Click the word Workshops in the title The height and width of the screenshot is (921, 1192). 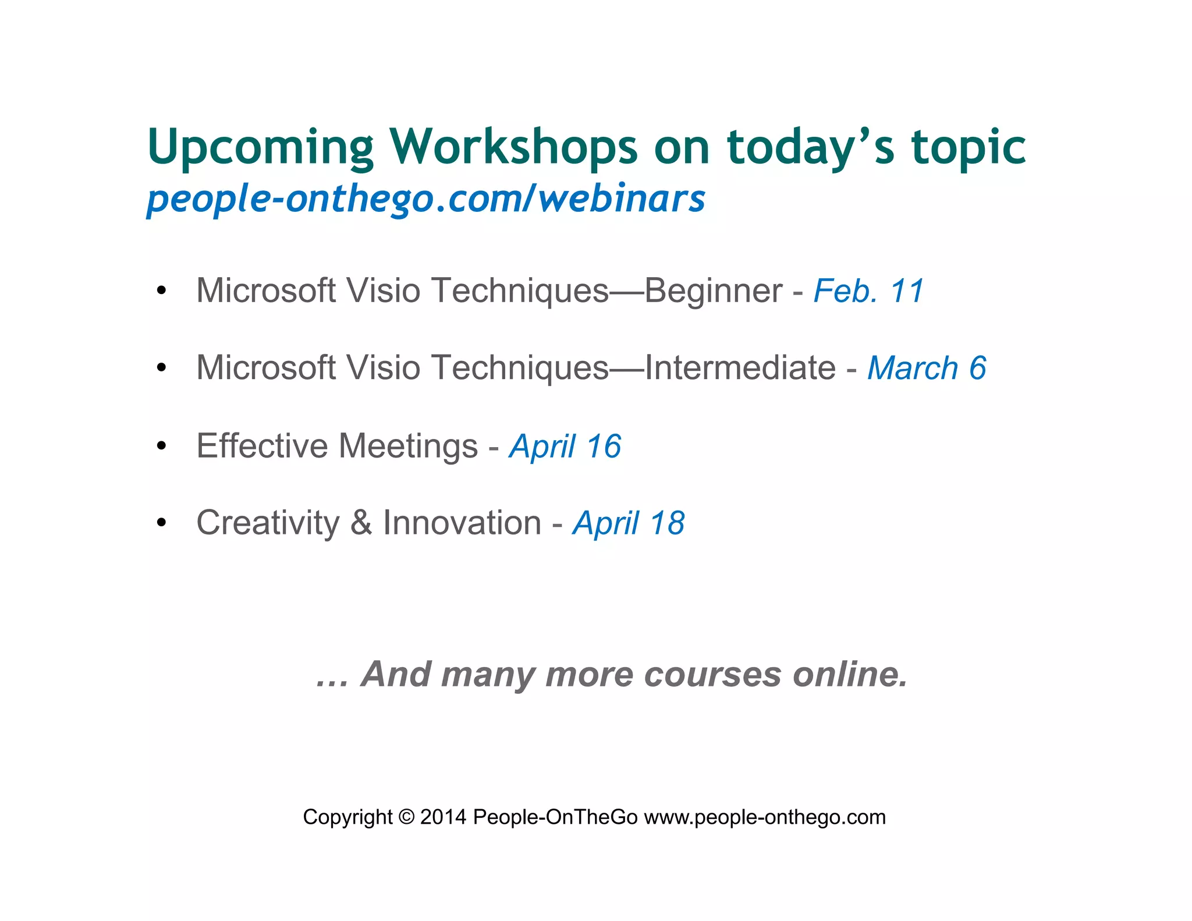pyautogui.click(x=513, y=147)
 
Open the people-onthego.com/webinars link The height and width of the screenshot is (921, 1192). pyautogui.click(x=425, y=199)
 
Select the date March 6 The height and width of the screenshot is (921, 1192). pyautogui.click(x=927, y=369)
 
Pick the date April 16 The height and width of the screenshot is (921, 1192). pyautogui.click(x=565, y=447)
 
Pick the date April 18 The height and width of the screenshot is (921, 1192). pyautogui.click(x=629, y=523)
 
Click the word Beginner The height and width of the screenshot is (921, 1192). pyautogui.click(x=713, y=291)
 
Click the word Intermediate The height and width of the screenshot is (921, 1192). pyautogui.click(x=740, y=368)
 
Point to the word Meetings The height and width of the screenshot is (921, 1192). pyautogui.click(x=408, y=447)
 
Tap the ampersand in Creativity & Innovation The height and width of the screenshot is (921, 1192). pyautogui.click(x=361, y=523)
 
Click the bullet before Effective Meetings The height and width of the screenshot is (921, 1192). pyautogui.click(x=161, y=446)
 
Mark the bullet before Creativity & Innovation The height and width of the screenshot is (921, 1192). pyautogui.click(x=161, y=523)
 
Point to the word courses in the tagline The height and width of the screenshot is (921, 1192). pyautogui.click(x=712, y=675)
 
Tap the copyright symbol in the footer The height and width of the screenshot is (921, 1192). pyautogui.click(x=406, y=817)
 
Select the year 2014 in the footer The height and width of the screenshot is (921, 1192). pyautogui.click(x=443, y=817)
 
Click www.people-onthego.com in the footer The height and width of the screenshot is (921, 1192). pyautogui.click(x=765, y=817)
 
